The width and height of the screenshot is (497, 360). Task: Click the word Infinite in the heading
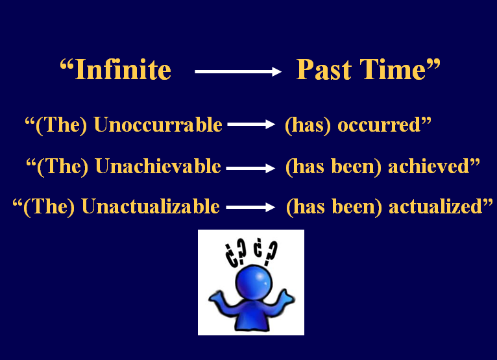click(x=123, y=70)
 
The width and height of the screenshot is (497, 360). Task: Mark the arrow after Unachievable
click(x=250, y=168)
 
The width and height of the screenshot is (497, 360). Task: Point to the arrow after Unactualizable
click(x=250, y=208)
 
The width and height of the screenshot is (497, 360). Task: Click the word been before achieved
click(x=362, y=167)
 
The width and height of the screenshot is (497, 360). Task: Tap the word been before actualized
click(x=363, y=207)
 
